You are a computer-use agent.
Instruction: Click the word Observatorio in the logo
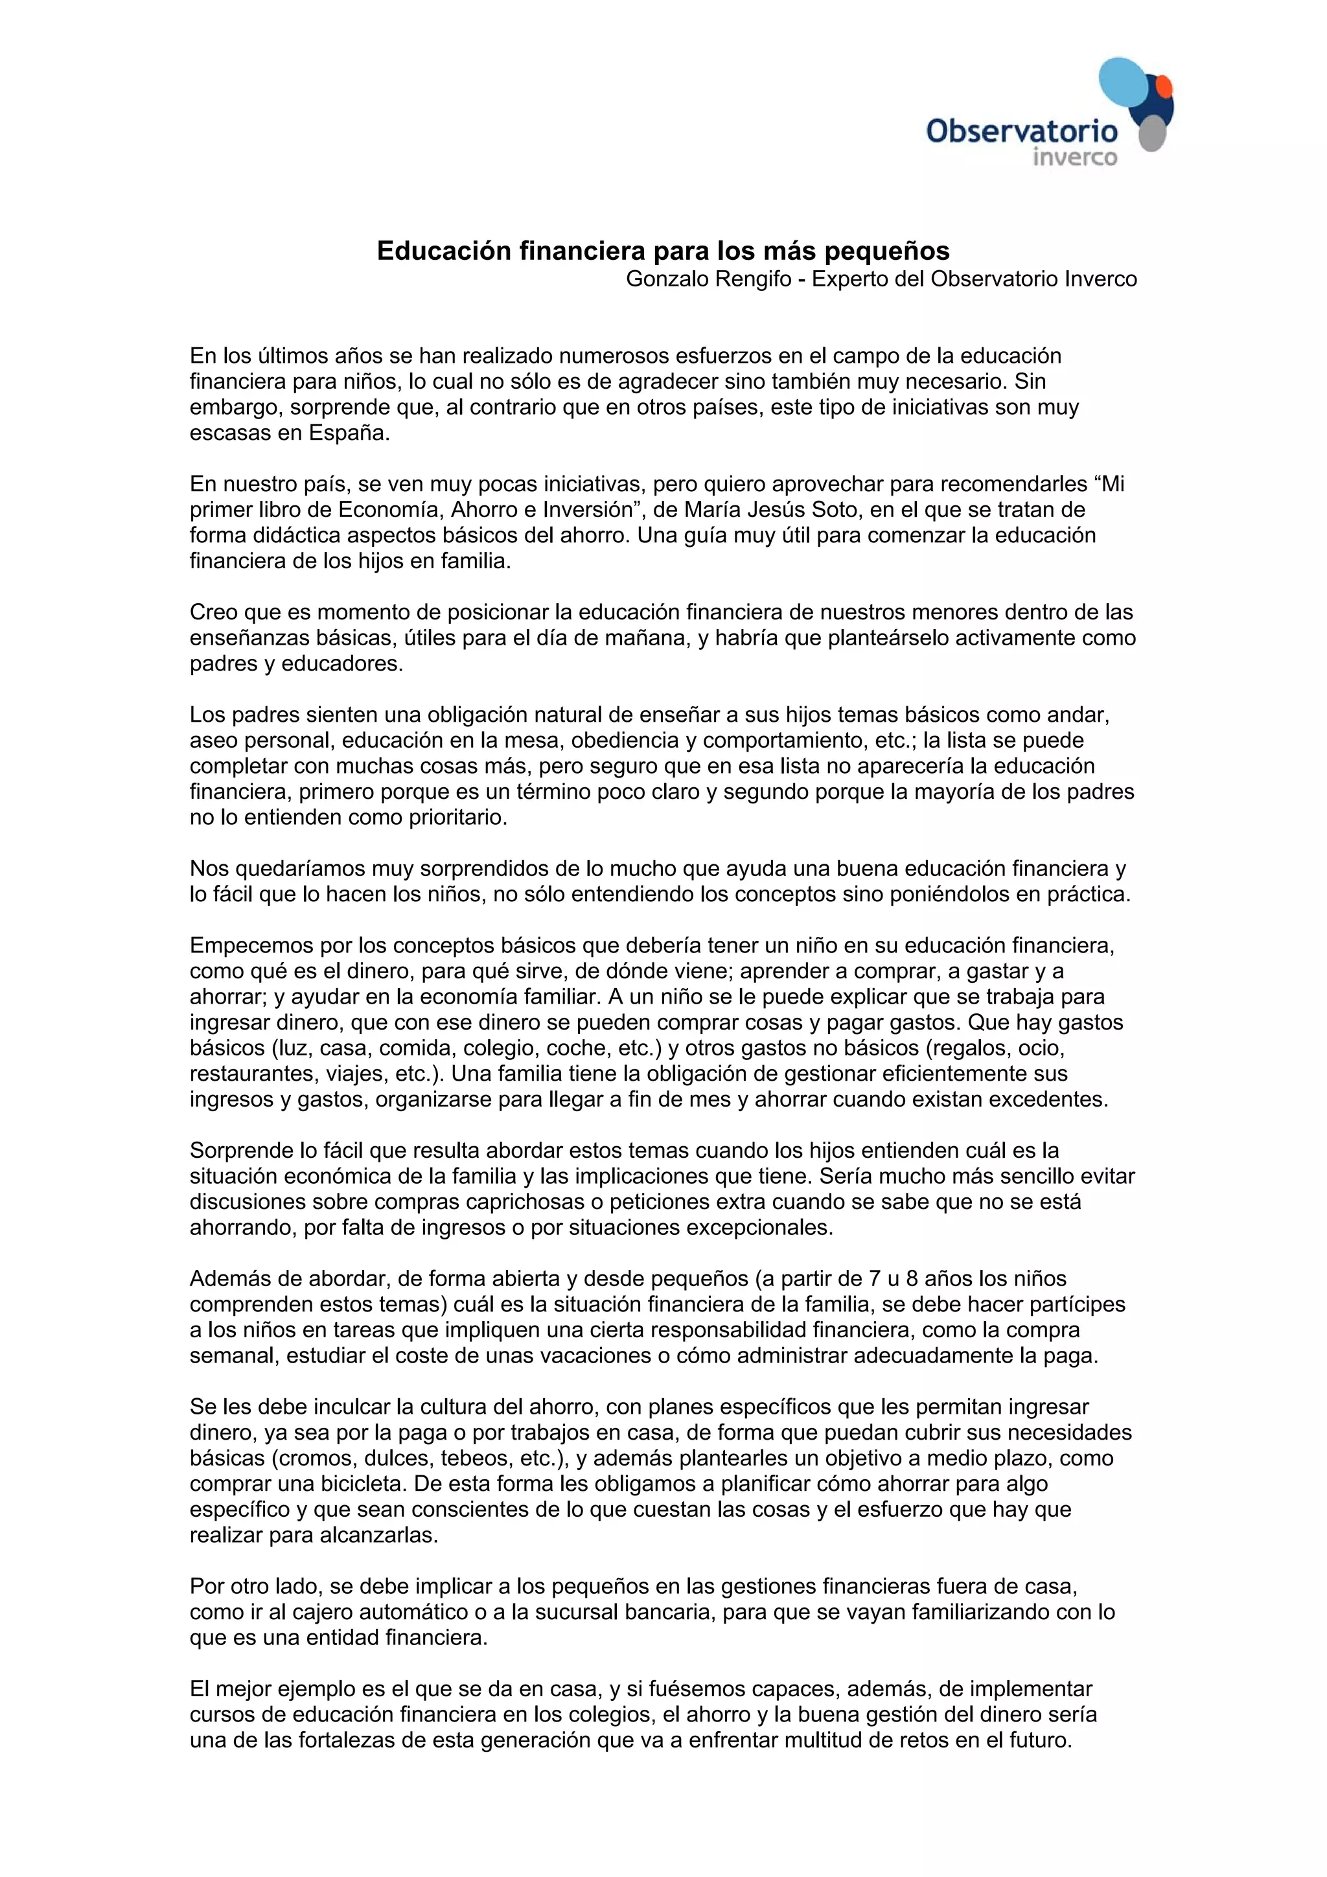click(x=1021, y=131)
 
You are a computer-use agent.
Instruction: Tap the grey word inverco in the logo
click(x=1074, y=157)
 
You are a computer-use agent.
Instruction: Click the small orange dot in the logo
click(x=1164, y=86)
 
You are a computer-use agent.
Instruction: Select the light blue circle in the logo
click(x=1125, y=85)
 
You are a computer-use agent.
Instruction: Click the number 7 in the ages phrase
click(x=874, y=1278)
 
